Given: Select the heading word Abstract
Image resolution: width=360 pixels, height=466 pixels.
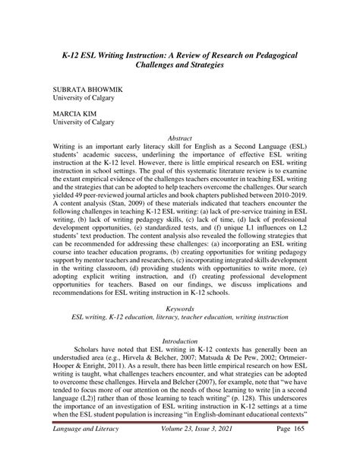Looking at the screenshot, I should coord(179,138).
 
